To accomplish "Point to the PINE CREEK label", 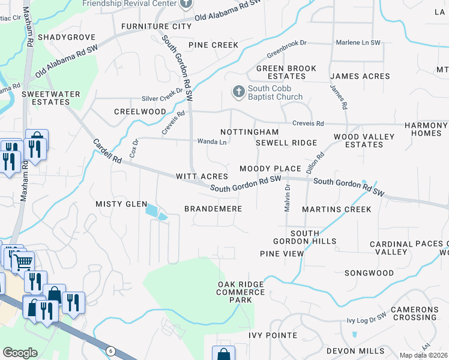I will click(x=213, y=45).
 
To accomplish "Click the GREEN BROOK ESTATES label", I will click(x=286, y=72).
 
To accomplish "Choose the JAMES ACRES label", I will click(x=360, y=76).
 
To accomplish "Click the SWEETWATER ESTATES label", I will click(x=46, y=98).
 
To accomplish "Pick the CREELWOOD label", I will click(x=140, y=112).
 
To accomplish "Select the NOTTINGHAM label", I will click(x=249, y=132).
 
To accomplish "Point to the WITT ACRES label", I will click(x=202, y=176).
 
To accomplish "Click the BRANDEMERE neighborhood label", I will click(x=212, y=209).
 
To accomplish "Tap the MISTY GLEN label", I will click(x=121, y=204).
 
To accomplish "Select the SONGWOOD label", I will click(x=369, y=273).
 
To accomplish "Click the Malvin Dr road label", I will click(x=287, y=197).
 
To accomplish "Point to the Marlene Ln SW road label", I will click(x=358, y=43).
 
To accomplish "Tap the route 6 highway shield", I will click(x=110, y=350).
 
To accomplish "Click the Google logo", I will click(x=20, y=353).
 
